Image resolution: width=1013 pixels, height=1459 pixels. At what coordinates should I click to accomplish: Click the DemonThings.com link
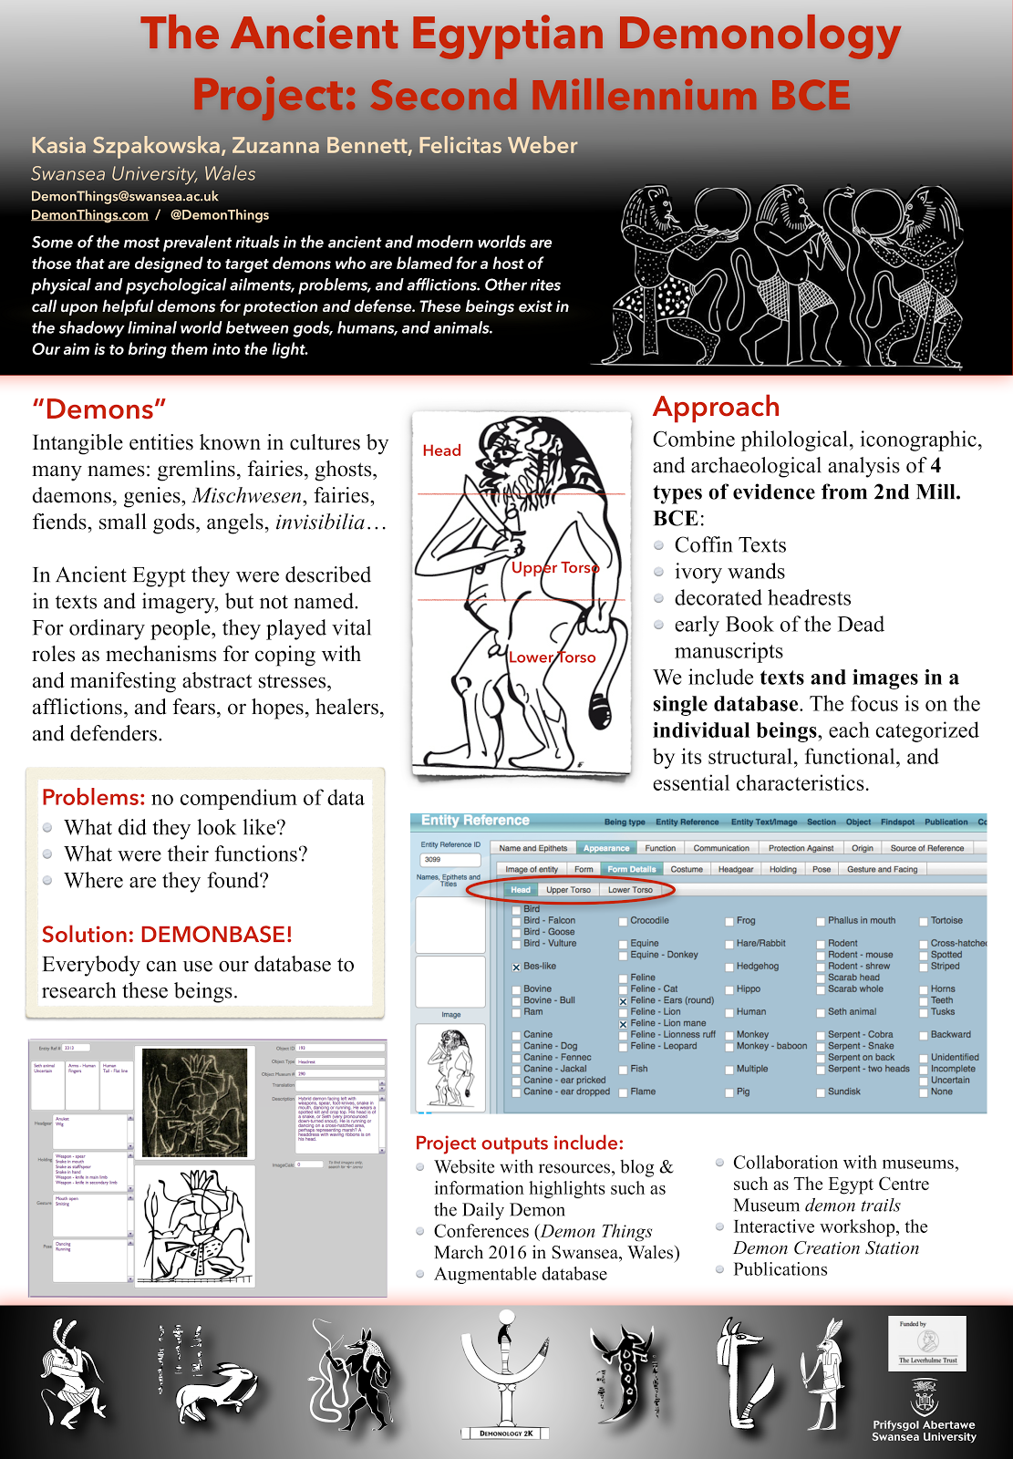click(89, 215)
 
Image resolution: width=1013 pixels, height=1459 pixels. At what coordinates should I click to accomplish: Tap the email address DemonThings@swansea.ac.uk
click(125, 196)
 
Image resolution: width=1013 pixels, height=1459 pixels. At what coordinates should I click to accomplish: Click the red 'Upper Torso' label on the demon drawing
click(554, 567)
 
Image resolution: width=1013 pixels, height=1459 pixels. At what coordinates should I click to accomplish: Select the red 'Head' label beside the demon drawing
click(441, 450)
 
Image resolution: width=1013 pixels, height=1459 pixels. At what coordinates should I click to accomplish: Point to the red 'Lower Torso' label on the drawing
click(552, 657)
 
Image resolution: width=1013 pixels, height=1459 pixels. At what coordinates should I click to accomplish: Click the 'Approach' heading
click(716, 407)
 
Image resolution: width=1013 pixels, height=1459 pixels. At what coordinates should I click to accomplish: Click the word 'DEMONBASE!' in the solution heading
click(216, 935)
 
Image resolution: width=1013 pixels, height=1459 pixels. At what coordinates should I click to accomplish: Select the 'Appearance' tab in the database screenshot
click(606, 848)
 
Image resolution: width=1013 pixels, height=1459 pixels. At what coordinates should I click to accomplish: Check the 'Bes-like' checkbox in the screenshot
click(516, 967)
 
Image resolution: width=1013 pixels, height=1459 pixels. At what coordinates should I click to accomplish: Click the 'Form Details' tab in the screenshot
click(631, 869)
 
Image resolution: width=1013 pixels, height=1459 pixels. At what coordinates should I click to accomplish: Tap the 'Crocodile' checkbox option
click(623, 921)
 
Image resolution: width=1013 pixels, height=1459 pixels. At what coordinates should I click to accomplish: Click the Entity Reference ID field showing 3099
click(450, 860)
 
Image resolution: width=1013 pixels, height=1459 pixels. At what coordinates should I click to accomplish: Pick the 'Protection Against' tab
click(801, 848)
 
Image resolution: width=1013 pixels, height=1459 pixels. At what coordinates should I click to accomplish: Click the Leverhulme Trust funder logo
click(927, 1342)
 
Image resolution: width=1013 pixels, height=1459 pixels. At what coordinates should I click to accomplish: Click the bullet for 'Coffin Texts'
click(659, 545)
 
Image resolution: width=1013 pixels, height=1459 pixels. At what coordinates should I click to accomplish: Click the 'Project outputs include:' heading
click(519, 1143)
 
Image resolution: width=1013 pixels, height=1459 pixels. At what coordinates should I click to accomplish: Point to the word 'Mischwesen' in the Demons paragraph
click(247, 496)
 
